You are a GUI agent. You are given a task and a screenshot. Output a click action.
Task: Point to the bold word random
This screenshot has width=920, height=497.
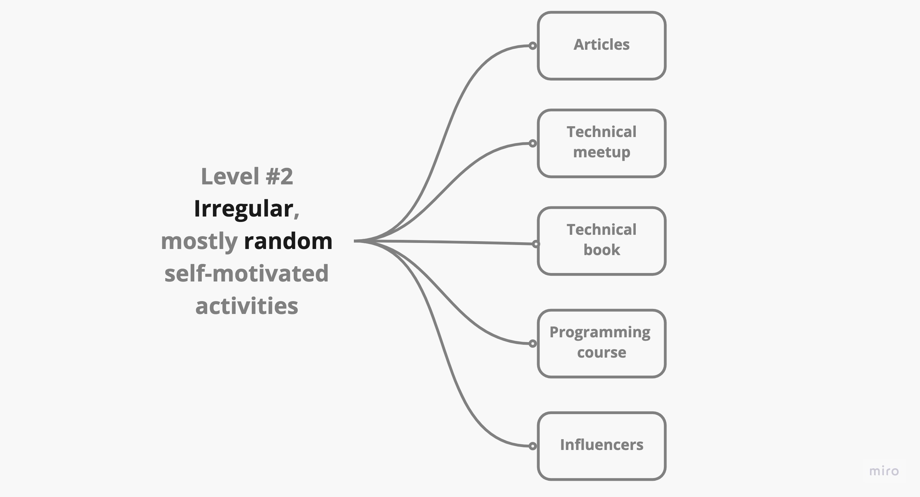[288, 241]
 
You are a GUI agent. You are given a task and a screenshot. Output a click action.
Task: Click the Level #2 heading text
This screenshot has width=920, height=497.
[247, 176]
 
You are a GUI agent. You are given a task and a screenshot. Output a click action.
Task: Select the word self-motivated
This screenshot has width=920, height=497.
[246, 273]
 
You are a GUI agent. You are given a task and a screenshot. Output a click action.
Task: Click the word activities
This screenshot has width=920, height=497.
[247, 306]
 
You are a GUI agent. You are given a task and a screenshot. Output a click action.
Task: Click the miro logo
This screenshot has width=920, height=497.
[883, 471]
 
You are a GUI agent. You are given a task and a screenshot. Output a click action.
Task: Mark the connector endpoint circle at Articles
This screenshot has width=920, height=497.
[533, 46]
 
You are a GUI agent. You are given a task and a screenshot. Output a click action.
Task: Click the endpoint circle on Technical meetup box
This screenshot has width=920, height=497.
[533, 143]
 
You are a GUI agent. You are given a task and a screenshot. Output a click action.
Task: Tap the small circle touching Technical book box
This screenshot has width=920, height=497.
[536, 244]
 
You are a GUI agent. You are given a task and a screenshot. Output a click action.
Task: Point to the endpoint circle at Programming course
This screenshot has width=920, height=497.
[533, 344]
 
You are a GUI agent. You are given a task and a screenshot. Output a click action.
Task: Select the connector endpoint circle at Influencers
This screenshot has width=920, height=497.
[533, 446]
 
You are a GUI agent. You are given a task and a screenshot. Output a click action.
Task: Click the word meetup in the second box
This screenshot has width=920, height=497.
[601, 152]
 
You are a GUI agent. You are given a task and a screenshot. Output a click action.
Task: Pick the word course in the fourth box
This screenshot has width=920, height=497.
[601, 353]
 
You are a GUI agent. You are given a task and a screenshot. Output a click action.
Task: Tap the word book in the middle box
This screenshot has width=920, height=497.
[601, 250]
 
